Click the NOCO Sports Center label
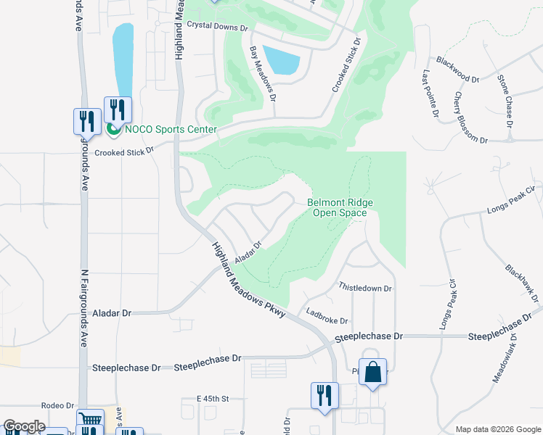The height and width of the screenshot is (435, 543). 171,130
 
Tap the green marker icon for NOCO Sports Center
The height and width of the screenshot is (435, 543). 113,130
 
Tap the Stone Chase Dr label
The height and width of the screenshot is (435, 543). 505,101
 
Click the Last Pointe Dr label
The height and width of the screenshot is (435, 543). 431,94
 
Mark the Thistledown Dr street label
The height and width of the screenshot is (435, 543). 365,288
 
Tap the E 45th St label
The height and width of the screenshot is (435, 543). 213,399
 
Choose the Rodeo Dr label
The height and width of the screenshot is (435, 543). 59,406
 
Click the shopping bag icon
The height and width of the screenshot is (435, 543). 372,373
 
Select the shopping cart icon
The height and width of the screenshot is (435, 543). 90,420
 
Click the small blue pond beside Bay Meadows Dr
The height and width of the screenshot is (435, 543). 281,59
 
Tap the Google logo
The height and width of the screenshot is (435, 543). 23,426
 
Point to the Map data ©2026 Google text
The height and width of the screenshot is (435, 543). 497,429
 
